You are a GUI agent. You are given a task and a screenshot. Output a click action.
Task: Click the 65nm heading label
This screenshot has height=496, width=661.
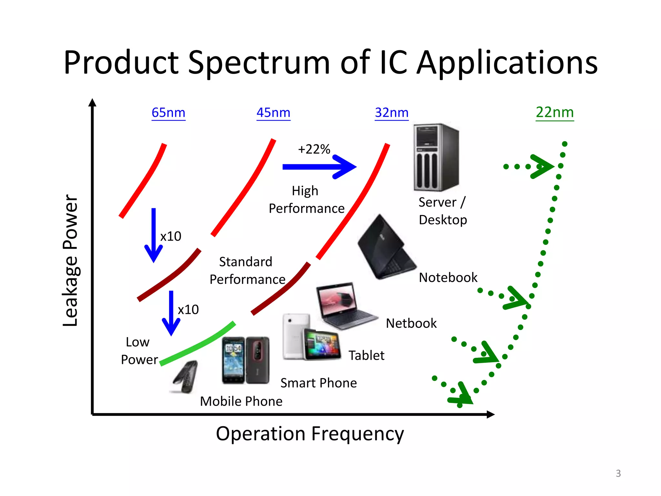tap(168, 113)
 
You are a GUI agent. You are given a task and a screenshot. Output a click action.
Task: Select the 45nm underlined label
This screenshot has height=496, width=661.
tap(273, 113)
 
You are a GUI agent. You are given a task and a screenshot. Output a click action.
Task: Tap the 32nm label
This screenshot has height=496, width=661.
tap(392, 113)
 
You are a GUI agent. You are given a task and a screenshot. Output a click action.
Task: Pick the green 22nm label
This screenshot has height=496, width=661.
tap(555, 112)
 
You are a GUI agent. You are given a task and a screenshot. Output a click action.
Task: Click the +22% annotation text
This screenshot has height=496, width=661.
tap(314, 149)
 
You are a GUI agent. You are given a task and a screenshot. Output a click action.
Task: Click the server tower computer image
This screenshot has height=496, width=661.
tap(436, 157)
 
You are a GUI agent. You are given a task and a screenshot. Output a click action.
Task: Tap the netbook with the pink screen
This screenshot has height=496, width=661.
tap(344, 305)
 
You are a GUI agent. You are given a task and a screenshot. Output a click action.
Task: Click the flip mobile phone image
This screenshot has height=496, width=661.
tap(185, 377)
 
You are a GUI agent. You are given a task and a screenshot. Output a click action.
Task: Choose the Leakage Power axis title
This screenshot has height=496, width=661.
tap(70, 260)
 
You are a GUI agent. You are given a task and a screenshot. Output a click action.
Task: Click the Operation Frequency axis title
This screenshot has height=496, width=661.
tap(310, 434)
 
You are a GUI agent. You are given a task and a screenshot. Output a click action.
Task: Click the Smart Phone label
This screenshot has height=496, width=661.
tap(319, 383)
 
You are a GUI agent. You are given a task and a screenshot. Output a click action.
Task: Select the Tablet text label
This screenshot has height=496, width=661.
tap(366, 356)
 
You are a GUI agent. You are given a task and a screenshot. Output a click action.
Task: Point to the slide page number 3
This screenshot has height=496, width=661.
tap(618, 473)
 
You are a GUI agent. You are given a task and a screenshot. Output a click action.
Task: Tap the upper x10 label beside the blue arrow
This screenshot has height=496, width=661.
tap(171, 236)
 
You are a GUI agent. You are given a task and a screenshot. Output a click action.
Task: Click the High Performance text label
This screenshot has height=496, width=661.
tap(306, 200)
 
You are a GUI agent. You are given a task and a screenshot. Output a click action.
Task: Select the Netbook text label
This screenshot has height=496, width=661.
tap(411, 323)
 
